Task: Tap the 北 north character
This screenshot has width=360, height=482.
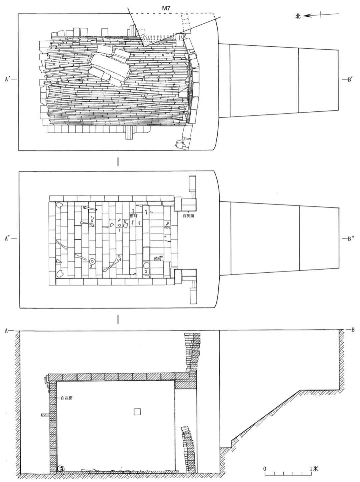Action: (298, 16)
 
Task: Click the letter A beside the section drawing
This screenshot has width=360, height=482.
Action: (6, 331)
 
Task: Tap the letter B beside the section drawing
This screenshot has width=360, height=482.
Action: (352, 330)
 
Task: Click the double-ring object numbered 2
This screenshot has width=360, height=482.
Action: (92, 261)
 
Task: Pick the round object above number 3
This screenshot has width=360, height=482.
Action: (146, 266)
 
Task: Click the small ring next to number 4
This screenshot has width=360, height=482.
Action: (119, 256)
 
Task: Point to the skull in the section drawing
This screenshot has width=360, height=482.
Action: (60, 469)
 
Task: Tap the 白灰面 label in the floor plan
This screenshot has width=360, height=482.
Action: (188, 216)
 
